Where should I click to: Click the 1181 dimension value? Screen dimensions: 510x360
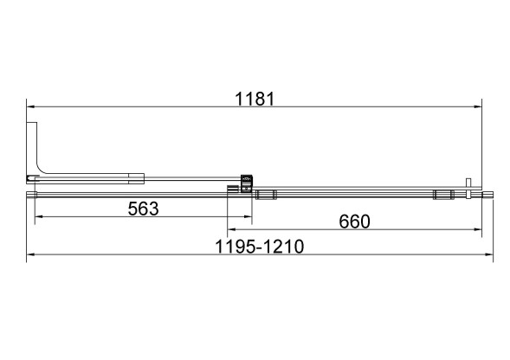point(255,99)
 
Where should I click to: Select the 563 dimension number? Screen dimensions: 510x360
point(143,209)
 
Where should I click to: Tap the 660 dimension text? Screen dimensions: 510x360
point(354,222)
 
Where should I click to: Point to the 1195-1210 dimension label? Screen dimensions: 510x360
point(259,247)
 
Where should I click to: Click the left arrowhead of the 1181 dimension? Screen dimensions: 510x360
point(30,106)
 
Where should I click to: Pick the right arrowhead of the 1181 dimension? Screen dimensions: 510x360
point(477,106)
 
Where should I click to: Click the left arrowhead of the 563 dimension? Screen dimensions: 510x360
point(39,216)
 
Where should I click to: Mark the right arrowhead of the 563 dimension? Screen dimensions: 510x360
point(248,216)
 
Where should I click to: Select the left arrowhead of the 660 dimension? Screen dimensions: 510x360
point(231,229)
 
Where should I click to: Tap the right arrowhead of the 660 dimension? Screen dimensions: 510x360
point(477,229)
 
